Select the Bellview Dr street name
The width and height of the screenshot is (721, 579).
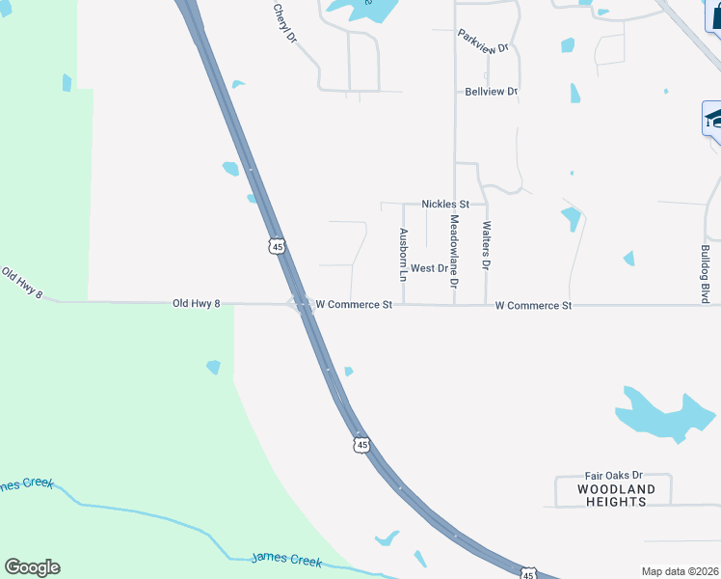492,92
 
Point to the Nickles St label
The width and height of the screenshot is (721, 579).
445,205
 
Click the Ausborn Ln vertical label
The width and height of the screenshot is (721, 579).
404,248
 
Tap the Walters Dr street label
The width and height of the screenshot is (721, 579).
487,245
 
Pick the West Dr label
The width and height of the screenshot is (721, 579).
430,268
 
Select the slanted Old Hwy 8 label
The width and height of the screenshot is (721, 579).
21,282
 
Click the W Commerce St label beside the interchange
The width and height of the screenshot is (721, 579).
354,305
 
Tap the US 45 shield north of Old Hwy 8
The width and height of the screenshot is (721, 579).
278,247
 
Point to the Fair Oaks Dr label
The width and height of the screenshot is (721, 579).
613,477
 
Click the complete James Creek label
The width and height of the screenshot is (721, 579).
285,559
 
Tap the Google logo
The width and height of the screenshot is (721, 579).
32,567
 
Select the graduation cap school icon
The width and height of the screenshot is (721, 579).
713,120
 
